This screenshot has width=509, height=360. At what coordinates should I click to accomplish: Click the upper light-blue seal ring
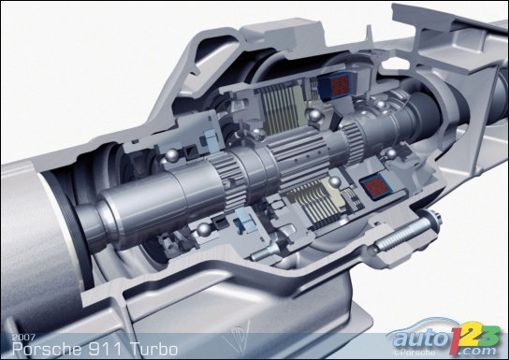pos(212,141)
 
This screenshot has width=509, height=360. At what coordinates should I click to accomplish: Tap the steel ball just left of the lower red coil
pos(334,182)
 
